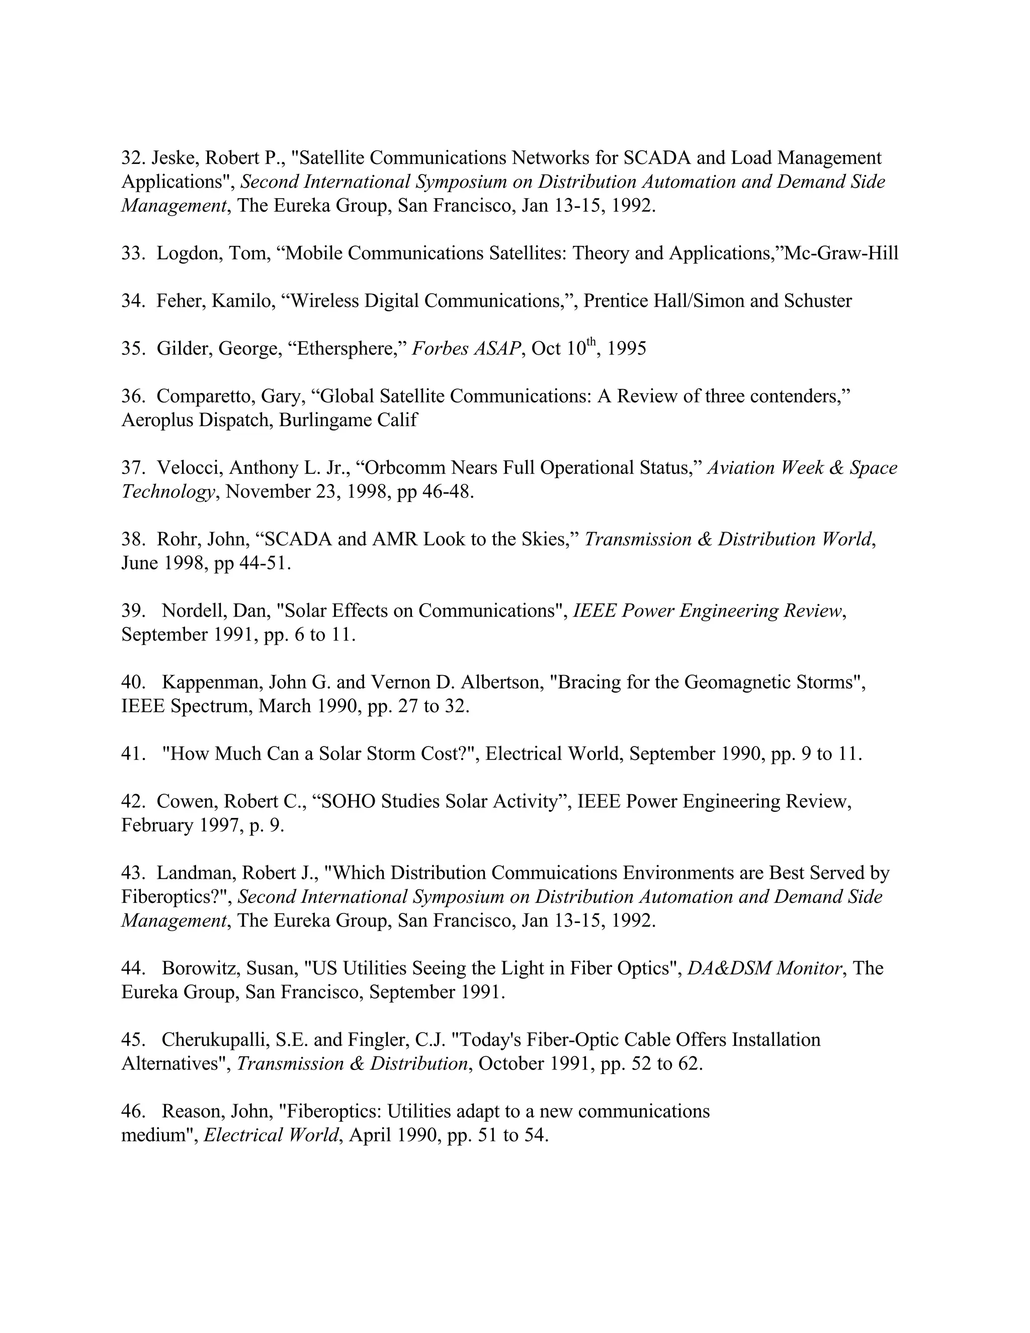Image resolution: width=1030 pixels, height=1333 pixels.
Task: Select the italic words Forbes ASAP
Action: pos(467,349)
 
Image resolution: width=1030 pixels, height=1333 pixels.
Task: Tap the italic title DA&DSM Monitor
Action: pos(764,969)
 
